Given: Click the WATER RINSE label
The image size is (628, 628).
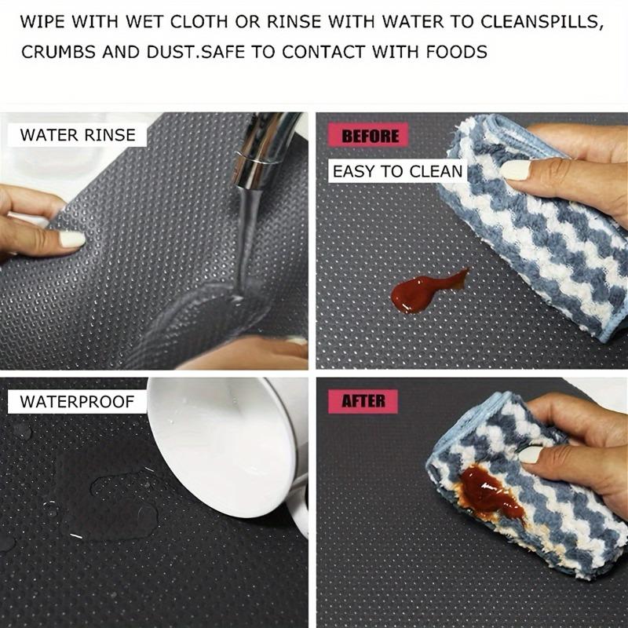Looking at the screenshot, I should [77, 134].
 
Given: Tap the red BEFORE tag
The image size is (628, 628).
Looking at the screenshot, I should [371, 136].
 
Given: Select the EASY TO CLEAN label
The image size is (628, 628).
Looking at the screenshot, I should [396, 171].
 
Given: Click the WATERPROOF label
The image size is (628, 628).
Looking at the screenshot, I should [77, 402].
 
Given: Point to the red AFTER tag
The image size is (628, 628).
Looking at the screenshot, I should [363, 401].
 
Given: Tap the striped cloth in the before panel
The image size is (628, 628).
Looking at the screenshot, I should [542, 228].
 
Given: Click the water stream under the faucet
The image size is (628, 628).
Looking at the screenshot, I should [243, 235].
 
